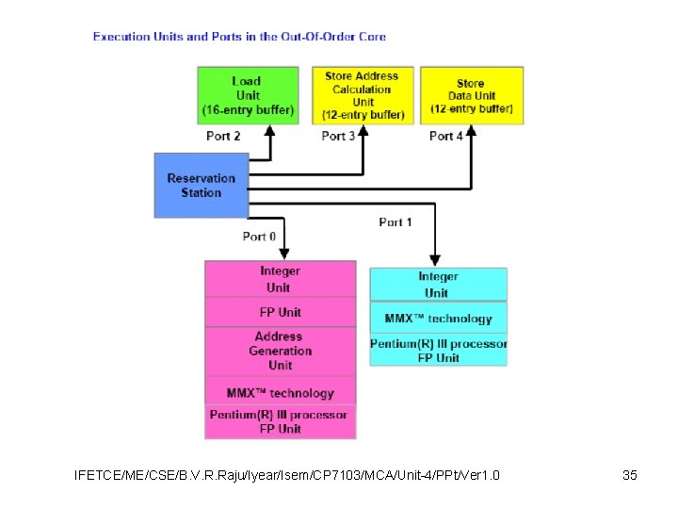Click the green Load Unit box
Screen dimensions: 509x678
coord(247,95)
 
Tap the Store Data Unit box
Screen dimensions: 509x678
coord(471,95)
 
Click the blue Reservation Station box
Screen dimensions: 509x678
coord(202,185)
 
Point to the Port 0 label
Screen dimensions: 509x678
coord(259,237)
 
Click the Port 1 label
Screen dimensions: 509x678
coord(395,222)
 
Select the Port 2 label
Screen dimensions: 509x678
coord(223,136)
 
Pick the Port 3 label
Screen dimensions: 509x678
coord(339,136)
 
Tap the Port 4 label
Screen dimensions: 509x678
coord(446,136)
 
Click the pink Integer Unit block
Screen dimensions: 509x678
coord(281,279)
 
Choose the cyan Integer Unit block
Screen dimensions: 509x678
coord(438,284)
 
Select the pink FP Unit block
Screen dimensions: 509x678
coord(281,312)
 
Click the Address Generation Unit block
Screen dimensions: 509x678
coord(281,351)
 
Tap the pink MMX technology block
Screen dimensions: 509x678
coord(281,392)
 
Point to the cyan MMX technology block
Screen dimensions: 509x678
coord(438,318)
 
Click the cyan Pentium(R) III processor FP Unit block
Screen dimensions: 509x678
coord(438,350)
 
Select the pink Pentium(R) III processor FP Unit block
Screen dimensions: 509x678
coord(281,421)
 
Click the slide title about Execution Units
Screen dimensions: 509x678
coord(239,37)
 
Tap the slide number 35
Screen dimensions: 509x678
coord(630,475)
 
